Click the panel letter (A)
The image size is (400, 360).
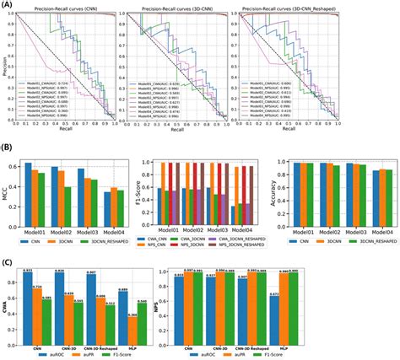(x=7, y=5)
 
